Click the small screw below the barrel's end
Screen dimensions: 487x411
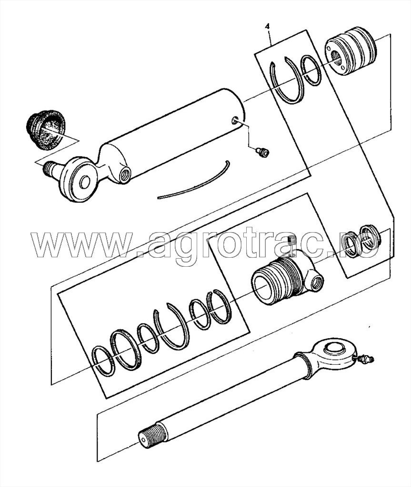click(x=261, y=152)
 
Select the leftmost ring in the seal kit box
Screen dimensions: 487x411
click(x=102, y=360)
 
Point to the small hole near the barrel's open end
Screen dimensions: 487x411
click(x=234, y=122)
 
